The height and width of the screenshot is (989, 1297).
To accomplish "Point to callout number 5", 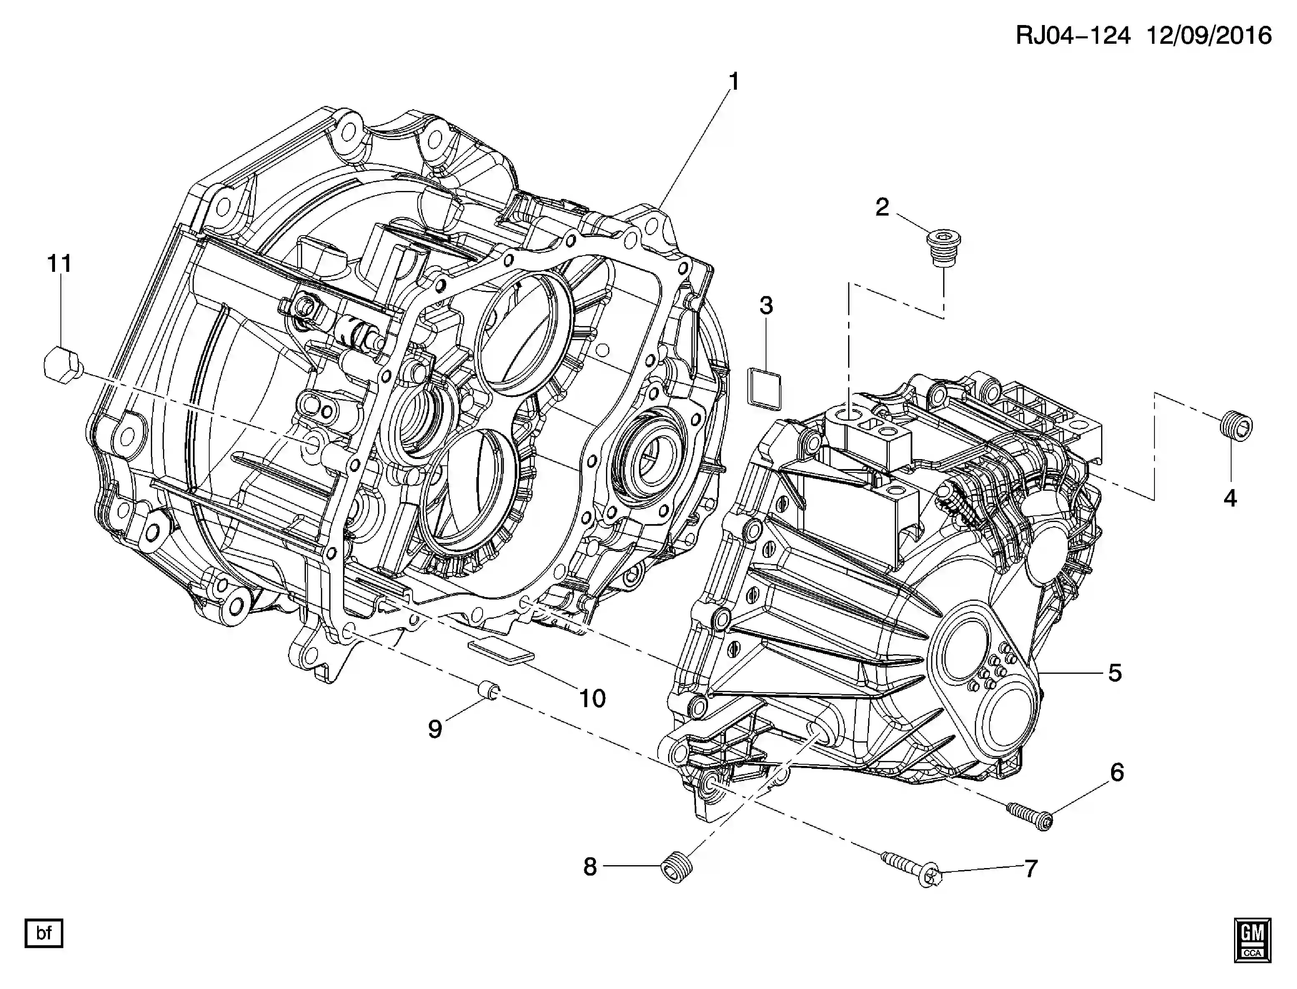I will point(1114,673).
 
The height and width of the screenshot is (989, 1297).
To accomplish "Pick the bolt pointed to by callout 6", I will point(1030,815).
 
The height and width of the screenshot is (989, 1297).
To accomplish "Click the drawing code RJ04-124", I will point(1073,36).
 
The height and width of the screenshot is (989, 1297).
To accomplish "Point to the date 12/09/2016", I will point(1209,36).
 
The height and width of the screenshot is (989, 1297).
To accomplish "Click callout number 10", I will point(592,699).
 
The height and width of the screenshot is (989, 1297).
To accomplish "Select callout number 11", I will point(60,264).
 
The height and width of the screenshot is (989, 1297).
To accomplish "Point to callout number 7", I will point(1030,869).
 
